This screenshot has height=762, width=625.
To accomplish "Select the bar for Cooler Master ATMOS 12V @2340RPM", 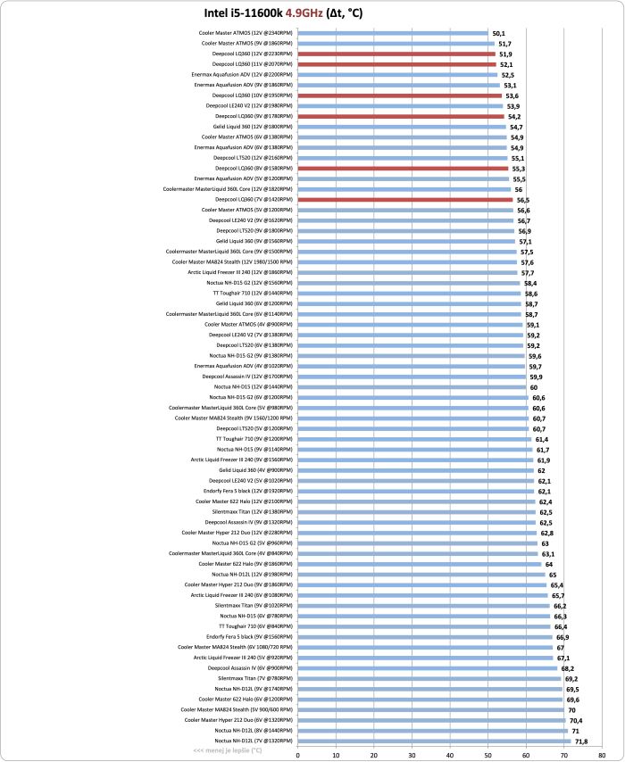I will tap(393, 33).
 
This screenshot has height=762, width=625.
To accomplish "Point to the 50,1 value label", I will tap(499, 33).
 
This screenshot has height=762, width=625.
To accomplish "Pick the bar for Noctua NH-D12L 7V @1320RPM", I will tap(434, 741).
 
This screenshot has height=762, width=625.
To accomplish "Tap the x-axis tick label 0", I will tap(297, 754).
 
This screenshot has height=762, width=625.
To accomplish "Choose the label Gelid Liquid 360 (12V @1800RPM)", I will tap(252, 127).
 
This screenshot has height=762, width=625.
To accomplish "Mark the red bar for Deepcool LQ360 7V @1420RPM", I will tap(405, 200).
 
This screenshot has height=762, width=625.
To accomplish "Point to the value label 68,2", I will tap(568, 667).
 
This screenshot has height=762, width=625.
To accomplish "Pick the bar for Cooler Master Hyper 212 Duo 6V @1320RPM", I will tap(431, 720).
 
